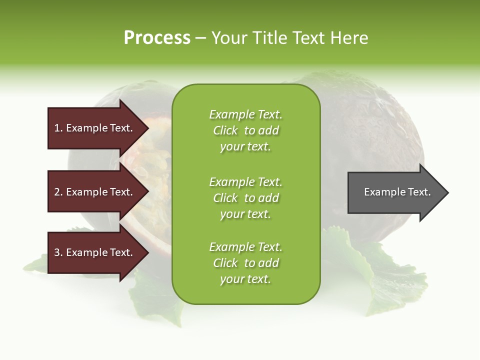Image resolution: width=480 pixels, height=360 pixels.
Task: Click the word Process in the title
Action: [157, 38]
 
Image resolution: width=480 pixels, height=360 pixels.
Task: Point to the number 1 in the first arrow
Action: [57, 128]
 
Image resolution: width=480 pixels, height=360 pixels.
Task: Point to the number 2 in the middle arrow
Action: [57, 192]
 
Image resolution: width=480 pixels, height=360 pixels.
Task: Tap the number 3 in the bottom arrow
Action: [57, 252]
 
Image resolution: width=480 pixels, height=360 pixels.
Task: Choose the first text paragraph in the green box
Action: [245, 130]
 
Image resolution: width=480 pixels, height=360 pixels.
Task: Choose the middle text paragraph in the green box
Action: [245, 198]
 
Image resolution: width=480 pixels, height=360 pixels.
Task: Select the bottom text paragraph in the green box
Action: [245, 263]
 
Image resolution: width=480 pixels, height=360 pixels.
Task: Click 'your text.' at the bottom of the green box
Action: [245, 279]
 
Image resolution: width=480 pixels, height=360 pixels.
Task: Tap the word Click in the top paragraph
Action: [225, 130]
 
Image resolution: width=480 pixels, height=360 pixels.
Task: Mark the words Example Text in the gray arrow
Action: [397, 192]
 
